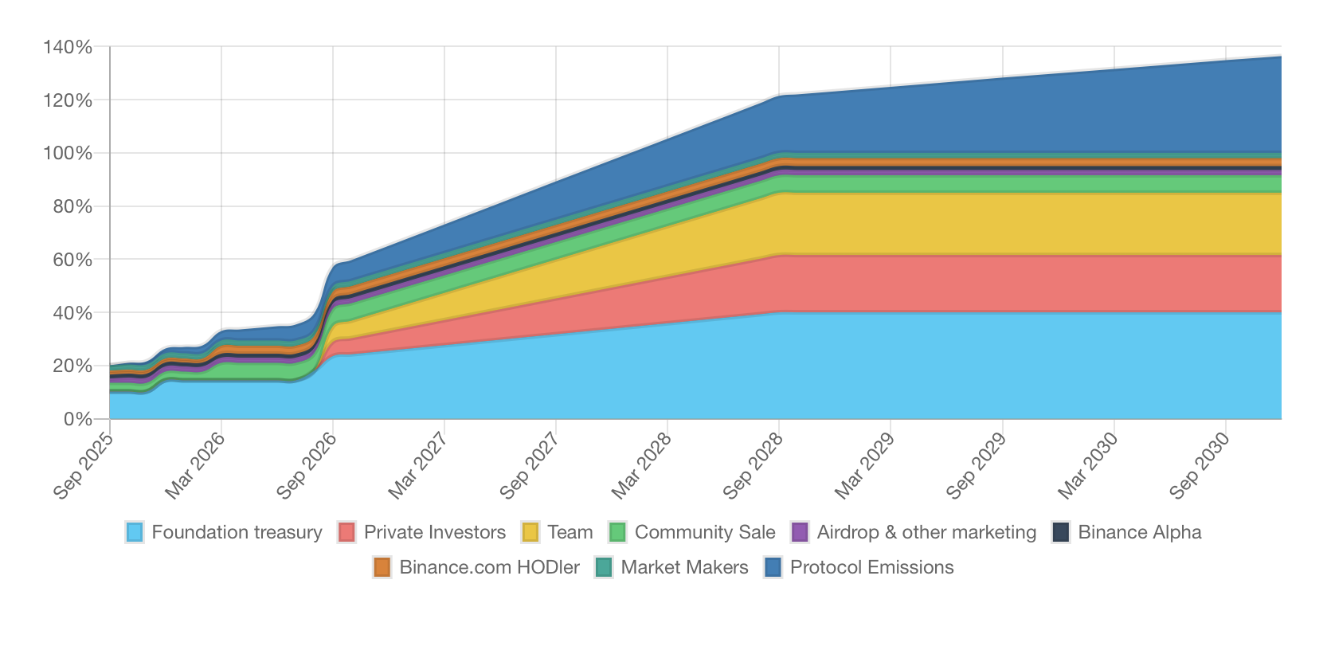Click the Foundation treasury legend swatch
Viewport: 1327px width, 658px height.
[x=135, y=532]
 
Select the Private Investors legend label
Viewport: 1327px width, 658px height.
[x=434, y=532]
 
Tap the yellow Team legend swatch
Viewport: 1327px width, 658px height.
[x=530, y=532]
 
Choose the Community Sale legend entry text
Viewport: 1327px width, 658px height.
[x=704, y=532]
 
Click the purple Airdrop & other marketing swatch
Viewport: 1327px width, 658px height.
[x=800, y=532]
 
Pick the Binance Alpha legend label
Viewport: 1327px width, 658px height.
[x=1139, y=532]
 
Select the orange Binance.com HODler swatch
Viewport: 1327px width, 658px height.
[x=382, y=567]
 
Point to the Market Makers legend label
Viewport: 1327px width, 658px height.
[x=684, y=567]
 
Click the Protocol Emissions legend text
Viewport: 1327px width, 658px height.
[x=871, y=567]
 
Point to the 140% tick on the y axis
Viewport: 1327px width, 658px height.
[x=68, y=48]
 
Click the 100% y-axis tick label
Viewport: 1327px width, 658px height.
[x=68, y=153]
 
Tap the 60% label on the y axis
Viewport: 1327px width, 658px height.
[x=72, y=260]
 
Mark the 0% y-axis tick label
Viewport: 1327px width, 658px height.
[x=77, y=419]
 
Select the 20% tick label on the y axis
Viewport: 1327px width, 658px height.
[x=72, y=366]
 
